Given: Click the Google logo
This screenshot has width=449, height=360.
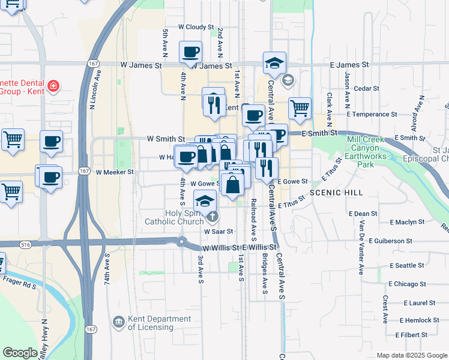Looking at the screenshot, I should click(x=20, y=353).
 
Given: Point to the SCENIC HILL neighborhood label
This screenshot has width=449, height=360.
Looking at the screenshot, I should click(x=336, y=193).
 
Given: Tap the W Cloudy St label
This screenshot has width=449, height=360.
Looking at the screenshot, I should click(x=196, y=28).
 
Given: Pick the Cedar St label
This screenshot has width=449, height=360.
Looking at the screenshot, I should click(x=364, y=88).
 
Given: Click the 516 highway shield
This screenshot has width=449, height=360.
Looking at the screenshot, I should click(x=25, y=245).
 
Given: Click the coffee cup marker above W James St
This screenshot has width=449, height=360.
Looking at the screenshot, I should click(x=191, y=52).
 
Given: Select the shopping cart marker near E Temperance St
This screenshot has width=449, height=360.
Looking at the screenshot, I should click(x=300, y=109).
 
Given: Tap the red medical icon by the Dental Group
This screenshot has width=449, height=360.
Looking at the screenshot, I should click(x=53, y=86).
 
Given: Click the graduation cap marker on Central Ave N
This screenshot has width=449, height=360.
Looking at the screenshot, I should click(x=274, y=62).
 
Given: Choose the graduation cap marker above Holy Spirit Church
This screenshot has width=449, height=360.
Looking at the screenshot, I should click(x=205, y=200).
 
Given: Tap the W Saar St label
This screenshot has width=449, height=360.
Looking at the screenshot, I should click(x=218, y=231).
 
